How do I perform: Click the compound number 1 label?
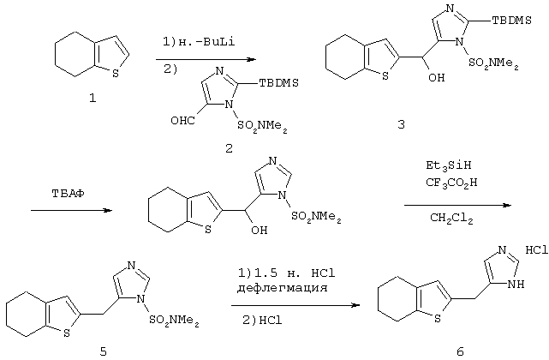click(x=92, y=99)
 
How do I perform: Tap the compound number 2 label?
click(x=229, y=148)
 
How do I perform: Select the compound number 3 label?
click(x=401, y=124)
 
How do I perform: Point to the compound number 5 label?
click(x=104, y=351)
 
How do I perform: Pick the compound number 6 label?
click(x=460, y=351)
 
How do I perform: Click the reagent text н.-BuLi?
click(x=207, y=42)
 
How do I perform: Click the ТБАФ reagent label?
click(x=68, y=194)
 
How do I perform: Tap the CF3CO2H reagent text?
click(x=451, y=183)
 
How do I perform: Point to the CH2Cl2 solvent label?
click(x=451, y=219)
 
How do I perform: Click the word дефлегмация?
click(x=282, y=288)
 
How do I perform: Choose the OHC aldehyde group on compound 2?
click(x=182, y=121)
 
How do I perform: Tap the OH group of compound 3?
click(x=436, y=77)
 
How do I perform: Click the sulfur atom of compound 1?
click(x=116, y=74)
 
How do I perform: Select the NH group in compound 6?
click(x=516, y=284)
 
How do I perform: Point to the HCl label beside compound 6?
click(x=537, y=250)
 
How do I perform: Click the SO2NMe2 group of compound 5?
click(x=174, y=321)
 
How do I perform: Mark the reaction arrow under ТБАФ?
click(x=71, y=210)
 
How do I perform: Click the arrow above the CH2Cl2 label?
click(x=458, y=206)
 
